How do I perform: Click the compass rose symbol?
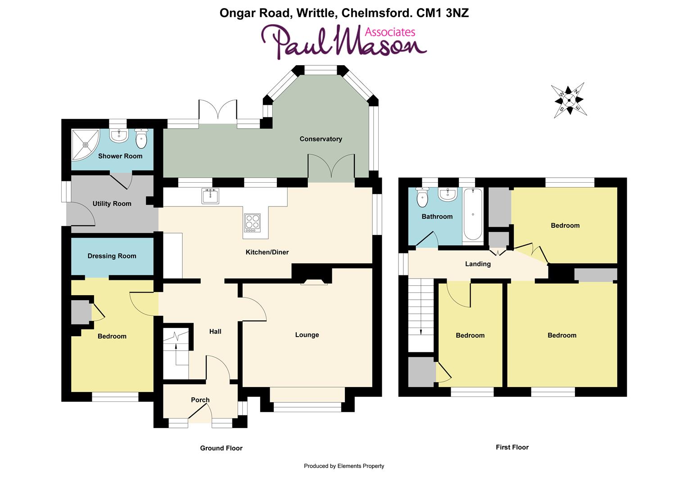pyautogui.click(x=569, y=100)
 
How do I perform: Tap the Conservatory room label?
pyautogui.click(x=321, y=139)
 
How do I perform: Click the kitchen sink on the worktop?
pyautogui.click(x=210, y=196)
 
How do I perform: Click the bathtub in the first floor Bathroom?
pyautogui.click(x=473, y=214)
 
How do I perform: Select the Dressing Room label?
pyautogui.click(x=112, y=256)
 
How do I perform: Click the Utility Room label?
pyautogui.click(x=112, y=204)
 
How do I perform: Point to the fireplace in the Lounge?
pyautogui.click(x=314, y=282)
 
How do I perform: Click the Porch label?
pyautogui.click(x=200, y=400)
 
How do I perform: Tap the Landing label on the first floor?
pyautogui.click(x=478, y=264)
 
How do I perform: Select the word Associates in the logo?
pyautogui.click(x=389, y=32)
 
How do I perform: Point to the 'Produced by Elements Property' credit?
pyautogui.click(x=344, y=466)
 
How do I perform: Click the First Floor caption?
pyautogui.click(x=512, y=447)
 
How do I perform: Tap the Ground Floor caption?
pyautogui.click(x=221, y=448)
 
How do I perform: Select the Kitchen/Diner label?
pyautogui.click(x=267, y=252)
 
